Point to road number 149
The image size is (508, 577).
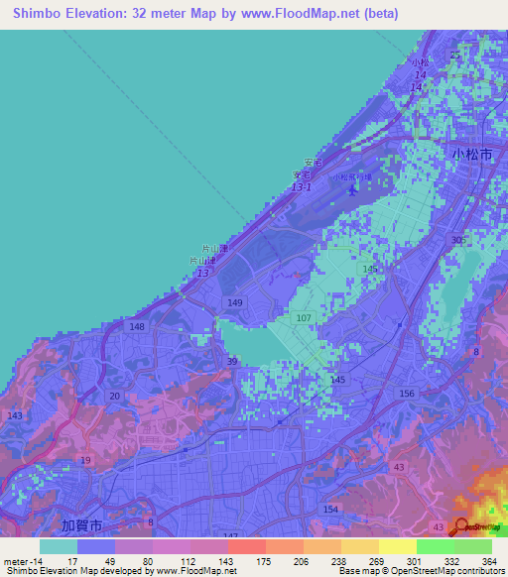tap(235, 302)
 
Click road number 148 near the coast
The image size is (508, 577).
tap(137, 326)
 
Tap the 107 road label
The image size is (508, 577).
tap(305, 318)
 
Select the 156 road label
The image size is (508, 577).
tap(407, 394)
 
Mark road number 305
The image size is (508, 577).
tap(457, 241)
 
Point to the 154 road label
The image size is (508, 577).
tap(330, 509)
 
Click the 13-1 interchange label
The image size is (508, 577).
tap(302, 186)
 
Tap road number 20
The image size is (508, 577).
tap(115, 396)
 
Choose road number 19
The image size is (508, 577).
tap(85, 460)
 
